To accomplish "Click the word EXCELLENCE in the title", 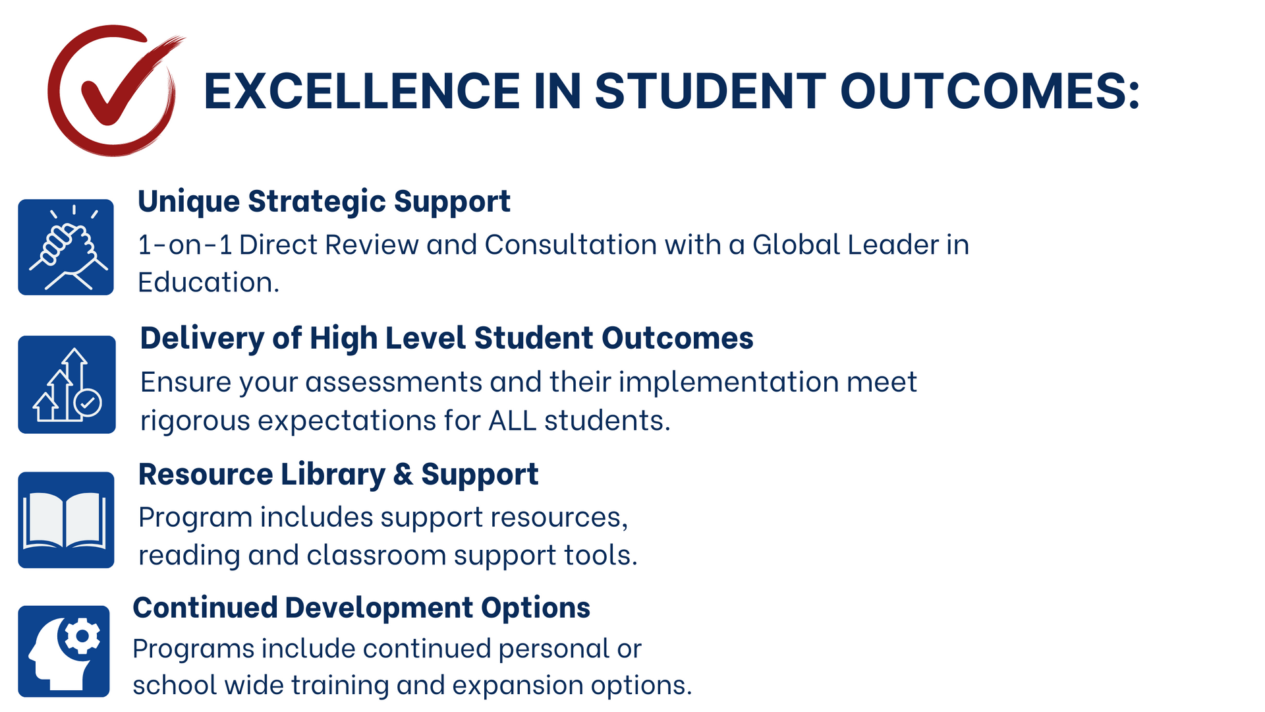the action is pyautogui.click(x=362, y=91).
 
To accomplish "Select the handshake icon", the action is pyautogui.click(x=66, y=247).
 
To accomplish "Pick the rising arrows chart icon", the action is pyautogui.click(x=67, y=384).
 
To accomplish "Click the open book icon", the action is pyautogui.click(x=66, y=519).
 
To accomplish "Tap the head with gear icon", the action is pyautogui.click(x=64, y=651).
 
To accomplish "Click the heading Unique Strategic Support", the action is pyautogui.click(x=324, y=202).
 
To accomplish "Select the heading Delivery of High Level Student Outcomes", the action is pyautogui.click(x=447, y=338).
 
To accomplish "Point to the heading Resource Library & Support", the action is pyautogui.click(x=339, y=475).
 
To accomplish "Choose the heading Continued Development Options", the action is pyautogui.click(x=362, y=608).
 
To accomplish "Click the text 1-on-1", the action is pyautogui.click(x=184, y=245).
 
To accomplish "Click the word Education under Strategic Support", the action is pyautogui.click(x=208, y=282).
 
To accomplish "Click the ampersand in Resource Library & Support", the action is pyautogui.click(x=403, y=475).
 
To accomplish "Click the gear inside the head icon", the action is pyautogui.click(x=82, y=636).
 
